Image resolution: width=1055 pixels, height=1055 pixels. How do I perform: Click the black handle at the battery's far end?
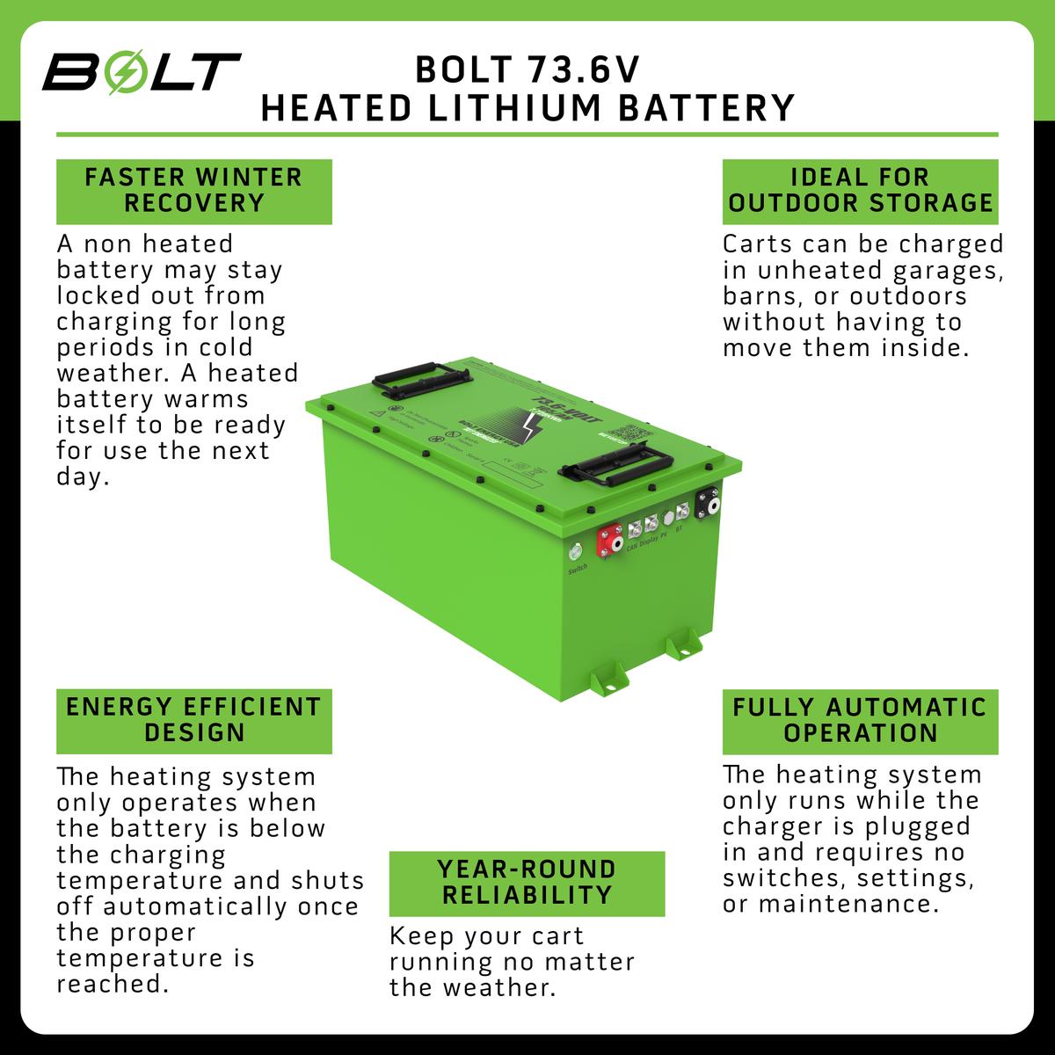[x=411, y=380]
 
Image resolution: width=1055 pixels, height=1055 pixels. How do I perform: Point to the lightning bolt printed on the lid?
[x=533, y=431]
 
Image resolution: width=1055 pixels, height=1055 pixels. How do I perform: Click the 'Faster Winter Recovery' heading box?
[x=194, y=191]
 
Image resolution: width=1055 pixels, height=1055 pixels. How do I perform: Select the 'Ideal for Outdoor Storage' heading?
[x=860, y=191]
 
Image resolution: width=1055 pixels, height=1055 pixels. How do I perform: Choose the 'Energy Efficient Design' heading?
[x=194, y=721]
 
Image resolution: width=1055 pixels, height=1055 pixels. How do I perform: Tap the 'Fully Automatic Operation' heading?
[x=860, y=721]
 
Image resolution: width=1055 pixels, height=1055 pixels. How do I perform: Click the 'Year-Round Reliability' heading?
[x=527, y=883]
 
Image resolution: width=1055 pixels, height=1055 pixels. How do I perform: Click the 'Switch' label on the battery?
[x=577, y=569]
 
